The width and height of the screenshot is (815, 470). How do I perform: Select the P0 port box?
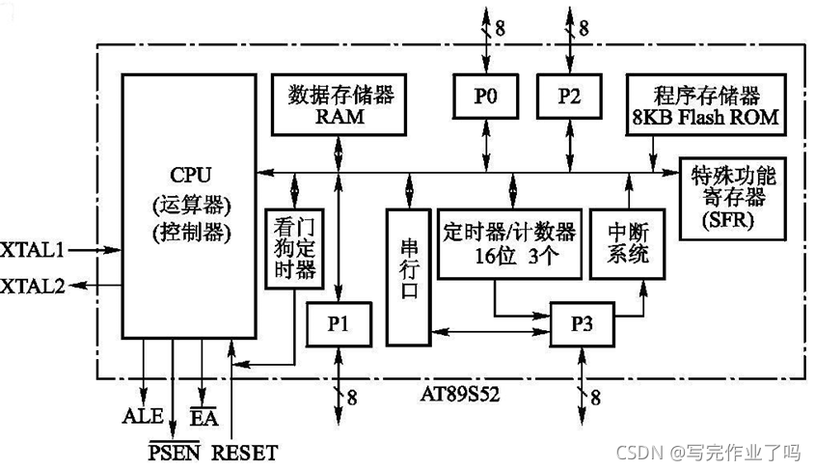[483, 97]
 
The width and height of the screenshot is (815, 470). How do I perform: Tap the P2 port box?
[568, 97]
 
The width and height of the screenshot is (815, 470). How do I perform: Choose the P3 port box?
[580, 324]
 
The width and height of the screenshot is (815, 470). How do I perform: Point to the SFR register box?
[733, 199]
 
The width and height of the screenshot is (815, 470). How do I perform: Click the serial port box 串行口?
[409, 275]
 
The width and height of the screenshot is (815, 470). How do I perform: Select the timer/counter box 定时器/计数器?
[510, 242]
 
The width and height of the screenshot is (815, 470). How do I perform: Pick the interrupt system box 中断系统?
[627, 242]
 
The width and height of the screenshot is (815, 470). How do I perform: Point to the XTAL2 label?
[32, 286]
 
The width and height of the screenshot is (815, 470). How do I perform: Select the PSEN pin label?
[174, 452]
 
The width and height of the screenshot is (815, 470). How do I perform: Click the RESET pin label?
[244, 452]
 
